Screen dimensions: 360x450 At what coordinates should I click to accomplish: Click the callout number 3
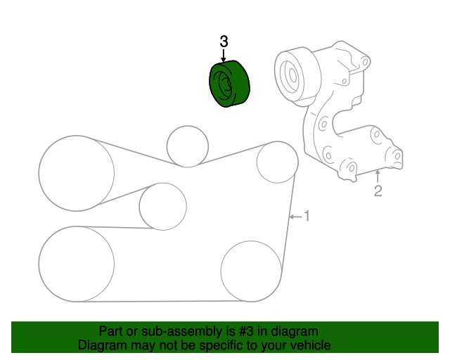point(224,42)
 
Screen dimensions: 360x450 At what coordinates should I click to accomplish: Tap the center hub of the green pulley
point(225,85)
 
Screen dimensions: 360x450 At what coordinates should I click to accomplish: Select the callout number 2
point(378,191)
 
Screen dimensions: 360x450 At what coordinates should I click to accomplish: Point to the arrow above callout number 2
point(378,176)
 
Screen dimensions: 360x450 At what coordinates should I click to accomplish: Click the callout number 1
point(306,216)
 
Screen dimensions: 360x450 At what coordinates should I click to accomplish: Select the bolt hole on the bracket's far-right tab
point(397,155)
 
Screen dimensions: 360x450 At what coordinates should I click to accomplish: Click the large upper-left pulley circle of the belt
point(76,172)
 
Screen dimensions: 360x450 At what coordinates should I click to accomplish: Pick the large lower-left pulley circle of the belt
point(76,264)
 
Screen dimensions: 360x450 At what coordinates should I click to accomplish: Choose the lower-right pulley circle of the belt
point(251,270)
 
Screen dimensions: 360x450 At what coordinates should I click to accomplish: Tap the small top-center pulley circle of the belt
point(188,146)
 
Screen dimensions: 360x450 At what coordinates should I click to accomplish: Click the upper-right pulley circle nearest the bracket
point(277,162)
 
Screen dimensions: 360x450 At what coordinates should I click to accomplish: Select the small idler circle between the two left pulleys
point(162,206)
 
